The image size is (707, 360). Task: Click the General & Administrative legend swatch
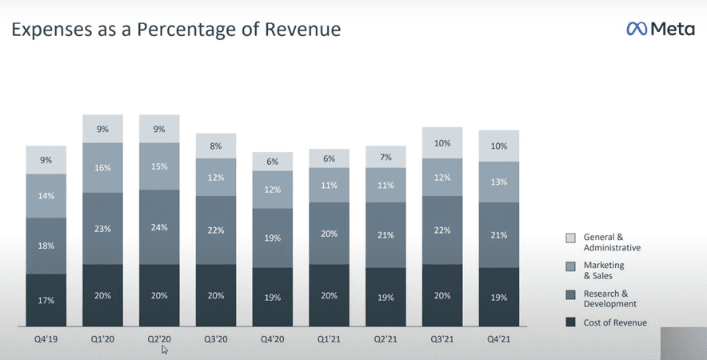coord(570,237)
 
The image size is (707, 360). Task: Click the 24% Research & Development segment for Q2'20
coord(159,226)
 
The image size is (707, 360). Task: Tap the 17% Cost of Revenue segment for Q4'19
coord(46,300)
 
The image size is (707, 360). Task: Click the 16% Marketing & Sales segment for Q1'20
coord(103,167)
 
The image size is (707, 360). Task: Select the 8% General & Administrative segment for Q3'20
coord(216,146)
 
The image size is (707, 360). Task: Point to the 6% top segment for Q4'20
coord(273,161)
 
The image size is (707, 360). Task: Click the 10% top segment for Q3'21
coord(442,142)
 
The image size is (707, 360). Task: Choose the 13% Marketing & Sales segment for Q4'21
coord(498,182)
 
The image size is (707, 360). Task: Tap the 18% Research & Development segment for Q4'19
coord(46,246)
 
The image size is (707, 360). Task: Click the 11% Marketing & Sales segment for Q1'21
coord(329,184)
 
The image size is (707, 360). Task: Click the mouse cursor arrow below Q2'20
coord(165,349)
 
